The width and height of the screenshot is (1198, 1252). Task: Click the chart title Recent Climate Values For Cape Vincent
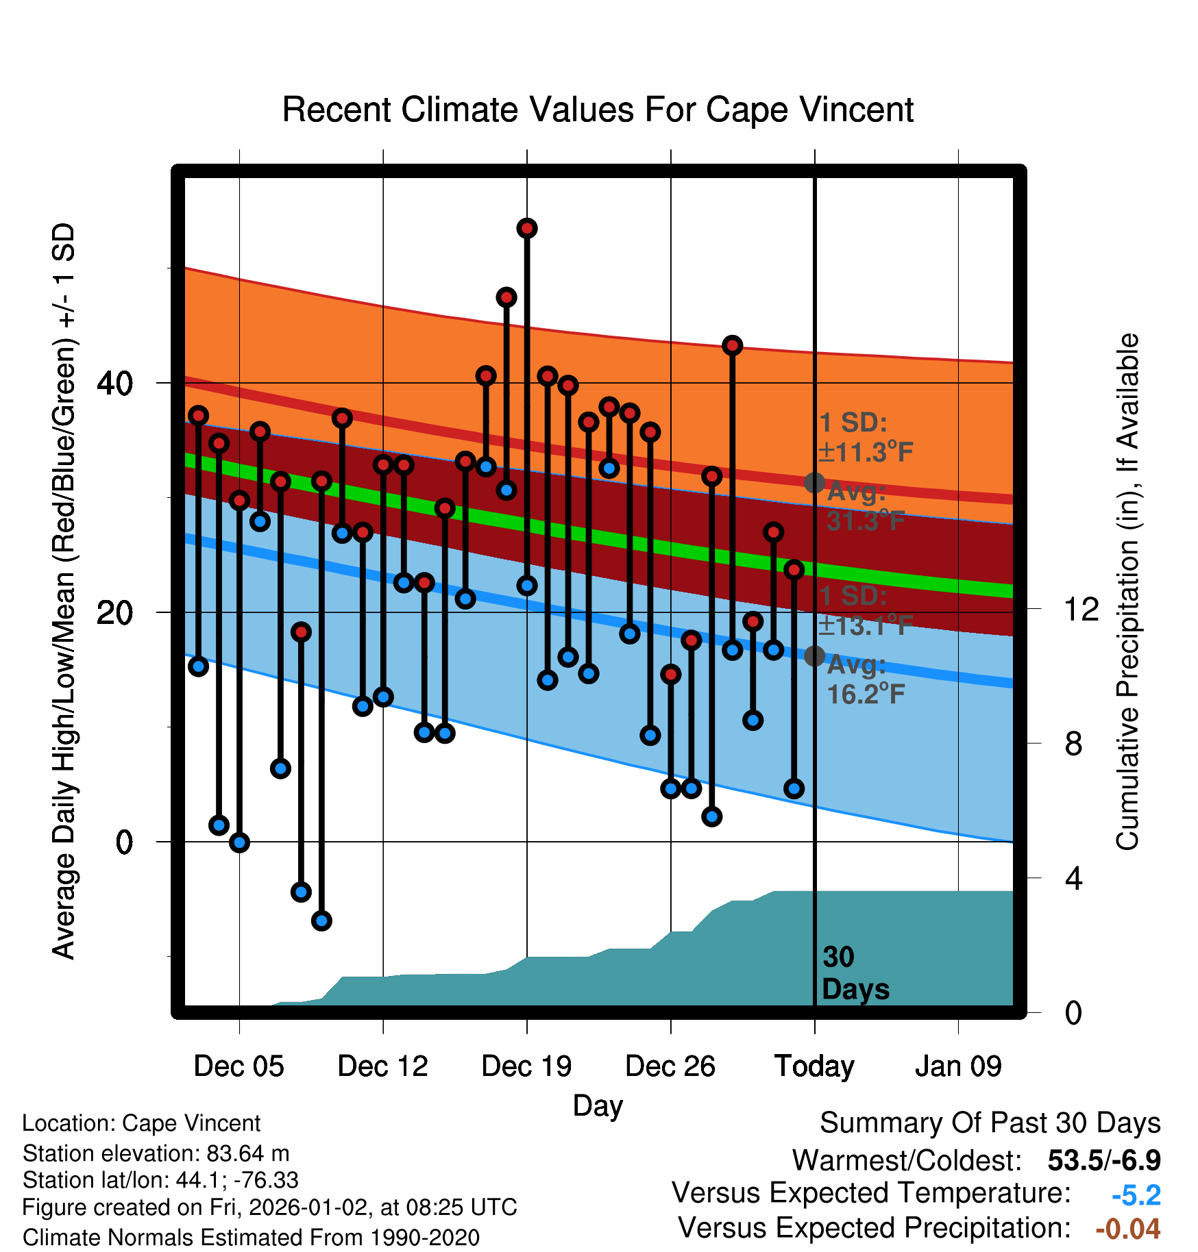coord(598,110)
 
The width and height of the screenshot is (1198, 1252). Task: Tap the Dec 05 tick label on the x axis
coord(239,1066)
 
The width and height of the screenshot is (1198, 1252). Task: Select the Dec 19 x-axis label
coord(526,1066)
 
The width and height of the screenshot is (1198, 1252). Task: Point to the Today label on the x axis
coord(814,1066)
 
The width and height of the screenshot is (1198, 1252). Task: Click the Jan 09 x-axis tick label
coord(958,1066)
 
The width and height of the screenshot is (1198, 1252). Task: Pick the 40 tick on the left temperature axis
coord(114,383)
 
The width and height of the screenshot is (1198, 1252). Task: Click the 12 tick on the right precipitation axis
coord(1081,609)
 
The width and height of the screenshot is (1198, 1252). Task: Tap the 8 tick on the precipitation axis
coord(1073,743)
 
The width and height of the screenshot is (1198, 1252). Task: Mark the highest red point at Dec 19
coord(527,228)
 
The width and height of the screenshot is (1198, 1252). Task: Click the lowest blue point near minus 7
coord(321,921)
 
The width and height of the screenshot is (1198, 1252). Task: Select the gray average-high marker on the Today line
coord(814,483)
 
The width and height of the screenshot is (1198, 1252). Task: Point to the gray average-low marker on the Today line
coord(814,656)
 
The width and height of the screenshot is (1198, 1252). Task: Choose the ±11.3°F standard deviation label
coord(865,452)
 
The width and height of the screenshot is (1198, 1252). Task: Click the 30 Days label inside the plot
coord(855,973)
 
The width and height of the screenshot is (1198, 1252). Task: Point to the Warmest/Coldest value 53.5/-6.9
coord(1104,1160)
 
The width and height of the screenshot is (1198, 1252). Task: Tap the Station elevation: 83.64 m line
coord(156,1153)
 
